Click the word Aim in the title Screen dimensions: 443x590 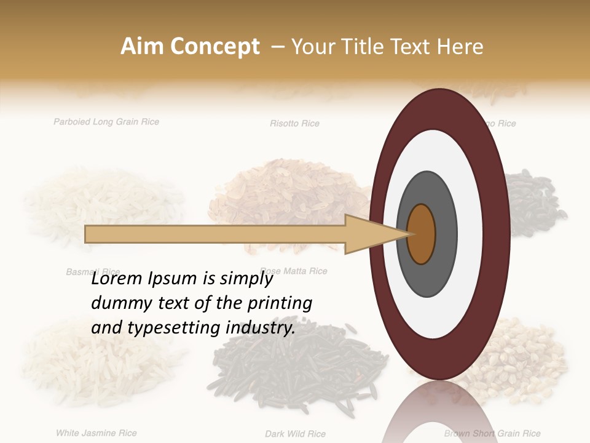click(x=142, y=47)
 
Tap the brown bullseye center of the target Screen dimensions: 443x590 click(x=422, y=234)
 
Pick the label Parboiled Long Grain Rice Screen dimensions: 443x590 click(x=106, y=122)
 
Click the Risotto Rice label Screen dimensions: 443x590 click(x=294, y=124)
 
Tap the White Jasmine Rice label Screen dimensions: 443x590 click(x=96, y=433)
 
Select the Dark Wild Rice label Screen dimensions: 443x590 click(x=295, y=434)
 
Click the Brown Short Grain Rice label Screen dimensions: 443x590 click(x=492, y=434)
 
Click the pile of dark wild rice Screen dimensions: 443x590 click(x=295, y=369)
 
